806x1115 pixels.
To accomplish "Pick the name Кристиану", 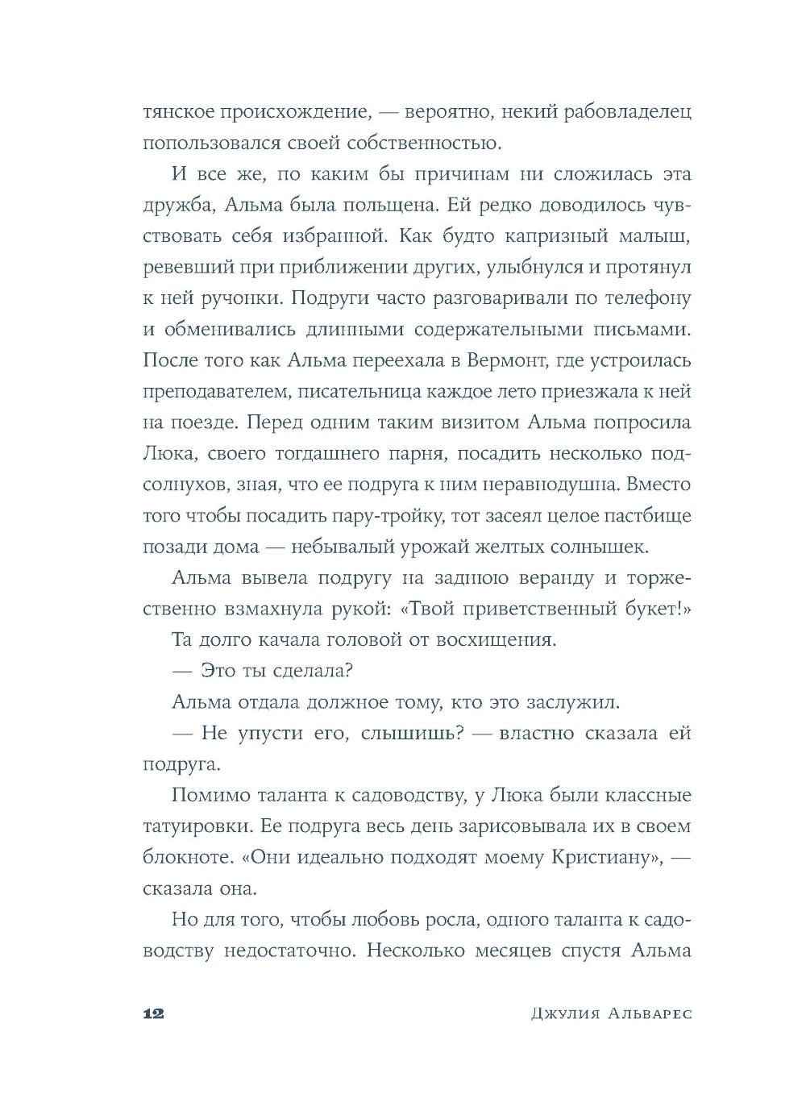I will click(x=595, y=858).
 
